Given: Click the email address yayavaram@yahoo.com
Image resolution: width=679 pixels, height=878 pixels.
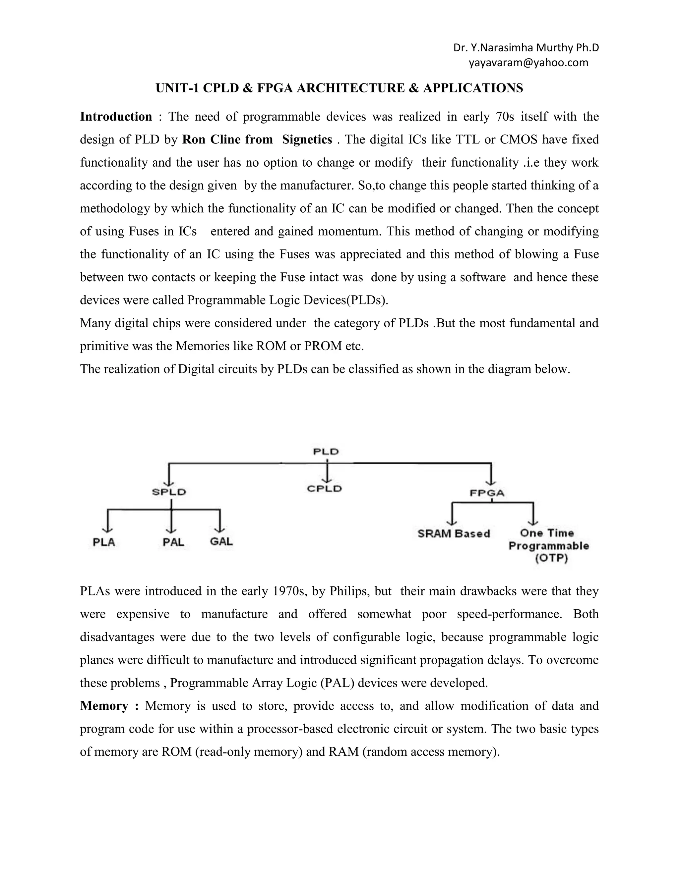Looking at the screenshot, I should tap(528, 63).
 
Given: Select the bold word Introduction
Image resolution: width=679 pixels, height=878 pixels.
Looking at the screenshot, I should tap(116, 117).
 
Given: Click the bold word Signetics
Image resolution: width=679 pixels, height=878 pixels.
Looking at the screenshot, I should tap(307, 139).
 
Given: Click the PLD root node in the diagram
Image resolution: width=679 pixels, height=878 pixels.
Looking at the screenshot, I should tap(326, 452).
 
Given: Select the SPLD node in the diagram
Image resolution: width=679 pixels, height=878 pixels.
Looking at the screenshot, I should tap(169, 492).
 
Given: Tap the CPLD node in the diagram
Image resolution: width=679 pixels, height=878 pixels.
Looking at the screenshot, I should tap(324, 489).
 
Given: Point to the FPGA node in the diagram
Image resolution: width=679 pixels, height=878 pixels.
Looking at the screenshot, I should tap(487, 493).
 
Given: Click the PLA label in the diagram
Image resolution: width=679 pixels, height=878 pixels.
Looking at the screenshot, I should tap(104, 542).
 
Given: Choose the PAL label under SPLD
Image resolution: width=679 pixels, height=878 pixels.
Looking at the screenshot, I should tap(173, 542).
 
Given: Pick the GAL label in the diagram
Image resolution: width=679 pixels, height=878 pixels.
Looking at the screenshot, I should tap(221, 541).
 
